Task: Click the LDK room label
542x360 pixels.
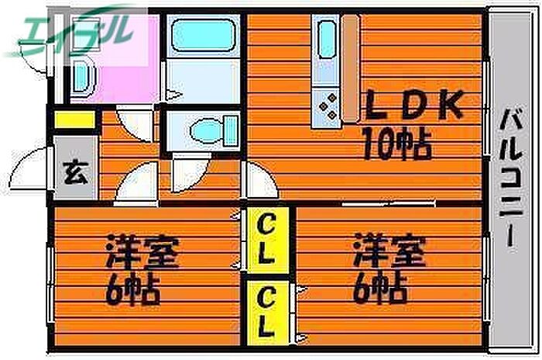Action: pyautogui.click(x=414, y=105)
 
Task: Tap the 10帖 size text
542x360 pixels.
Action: pyautogui.click(x=396, y=144)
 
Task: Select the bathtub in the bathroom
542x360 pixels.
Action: pyautogui.click(x=204, y=35)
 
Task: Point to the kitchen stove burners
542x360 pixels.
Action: pyautogui.click(x=328, y=107)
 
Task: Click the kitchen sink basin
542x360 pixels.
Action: pyautogui.click(x=327, y=39)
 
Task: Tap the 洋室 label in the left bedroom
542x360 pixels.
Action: pyautogui.click(x=142, y=251)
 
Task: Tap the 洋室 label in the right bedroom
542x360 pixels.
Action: pyautogui.click(x=389, y=251)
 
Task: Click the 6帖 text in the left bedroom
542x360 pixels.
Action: pyautogui.click(x=132, y=290)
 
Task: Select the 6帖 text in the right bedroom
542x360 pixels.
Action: pyautogui.click(x=379, y=289)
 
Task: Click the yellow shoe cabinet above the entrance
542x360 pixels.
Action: pyautogui.click(x=74, y=119)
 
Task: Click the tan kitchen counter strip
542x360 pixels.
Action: pyautogui.click(x=351, y=68)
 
